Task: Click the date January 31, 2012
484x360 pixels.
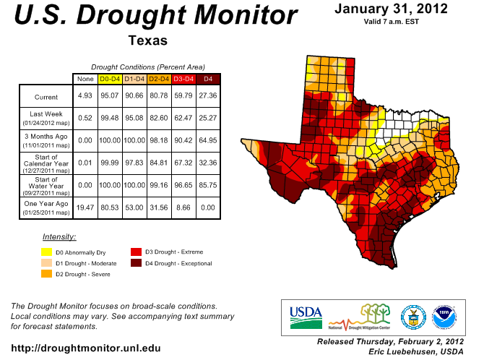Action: [391, 9]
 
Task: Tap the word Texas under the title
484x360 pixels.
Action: [147, 40]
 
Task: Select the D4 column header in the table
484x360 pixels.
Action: [208, 78]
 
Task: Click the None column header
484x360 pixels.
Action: [85, 78]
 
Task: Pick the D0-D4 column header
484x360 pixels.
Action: [109, 78]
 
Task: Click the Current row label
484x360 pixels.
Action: [46, 96]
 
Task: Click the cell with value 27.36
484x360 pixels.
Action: [208, 96]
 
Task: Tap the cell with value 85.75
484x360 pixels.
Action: [208, 185]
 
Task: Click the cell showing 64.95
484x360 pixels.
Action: [208, 140]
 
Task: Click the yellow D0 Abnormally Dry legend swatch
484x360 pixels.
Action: [46, 252]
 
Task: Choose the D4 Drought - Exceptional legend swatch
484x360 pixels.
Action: [135, 263]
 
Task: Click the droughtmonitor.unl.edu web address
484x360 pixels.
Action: [86, 348]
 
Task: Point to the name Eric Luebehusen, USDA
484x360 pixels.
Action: [416, 351]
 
